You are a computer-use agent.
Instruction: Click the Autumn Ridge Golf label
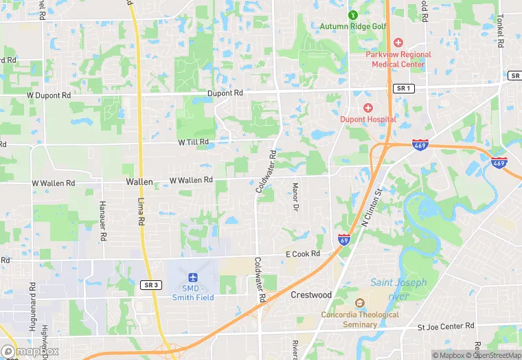point(353,27)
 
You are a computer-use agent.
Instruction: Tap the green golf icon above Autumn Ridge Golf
point(353,14)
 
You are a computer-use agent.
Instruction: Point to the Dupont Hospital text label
point(368,119)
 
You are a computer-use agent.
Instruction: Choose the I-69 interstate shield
point(344,239)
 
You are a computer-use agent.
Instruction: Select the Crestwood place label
point(310,295)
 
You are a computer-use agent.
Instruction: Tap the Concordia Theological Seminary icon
point(359,303)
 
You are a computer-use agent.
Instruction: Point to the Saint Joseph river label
point(399,289)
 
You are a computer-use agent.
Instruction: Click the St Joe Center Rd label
point(446,326)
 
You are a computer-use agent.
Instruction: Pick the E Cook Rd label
point(304,254)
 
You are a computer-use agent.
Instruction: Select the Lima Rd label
point(141,211)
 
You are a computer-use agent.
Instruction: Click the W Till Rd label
point(193,142)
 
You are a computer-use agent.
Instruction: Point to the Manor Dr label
point(296,196)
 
